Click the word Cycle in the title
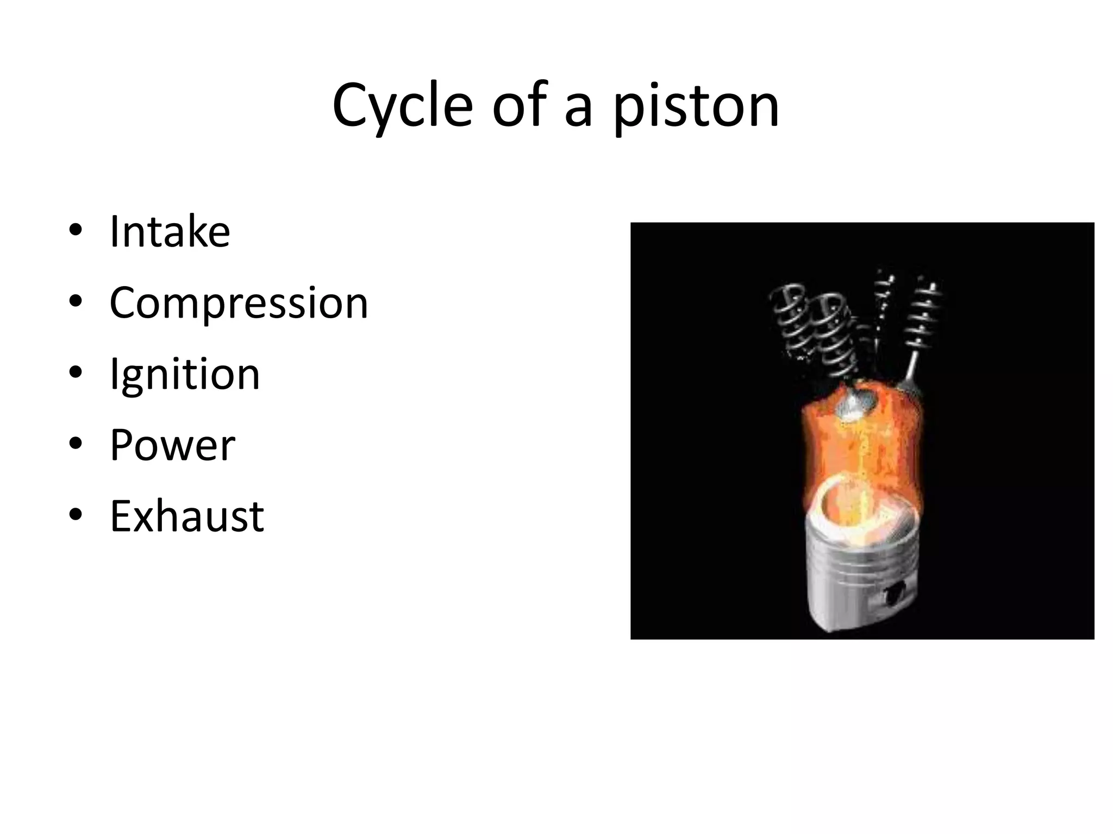[402, 106]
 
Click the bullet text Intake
[170, 232]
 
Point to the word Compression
[239, 303]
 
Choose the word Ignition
[185, 374]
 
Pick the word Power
[172, 445]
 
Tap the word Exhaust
[187, 516]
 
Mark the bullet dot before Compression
[76, 302]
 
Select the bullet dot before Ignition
[76, 373]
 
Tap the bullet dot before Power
[76, 444]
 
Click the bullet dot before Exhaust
[76, 515]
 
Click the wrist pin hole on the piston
[895, 594]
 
